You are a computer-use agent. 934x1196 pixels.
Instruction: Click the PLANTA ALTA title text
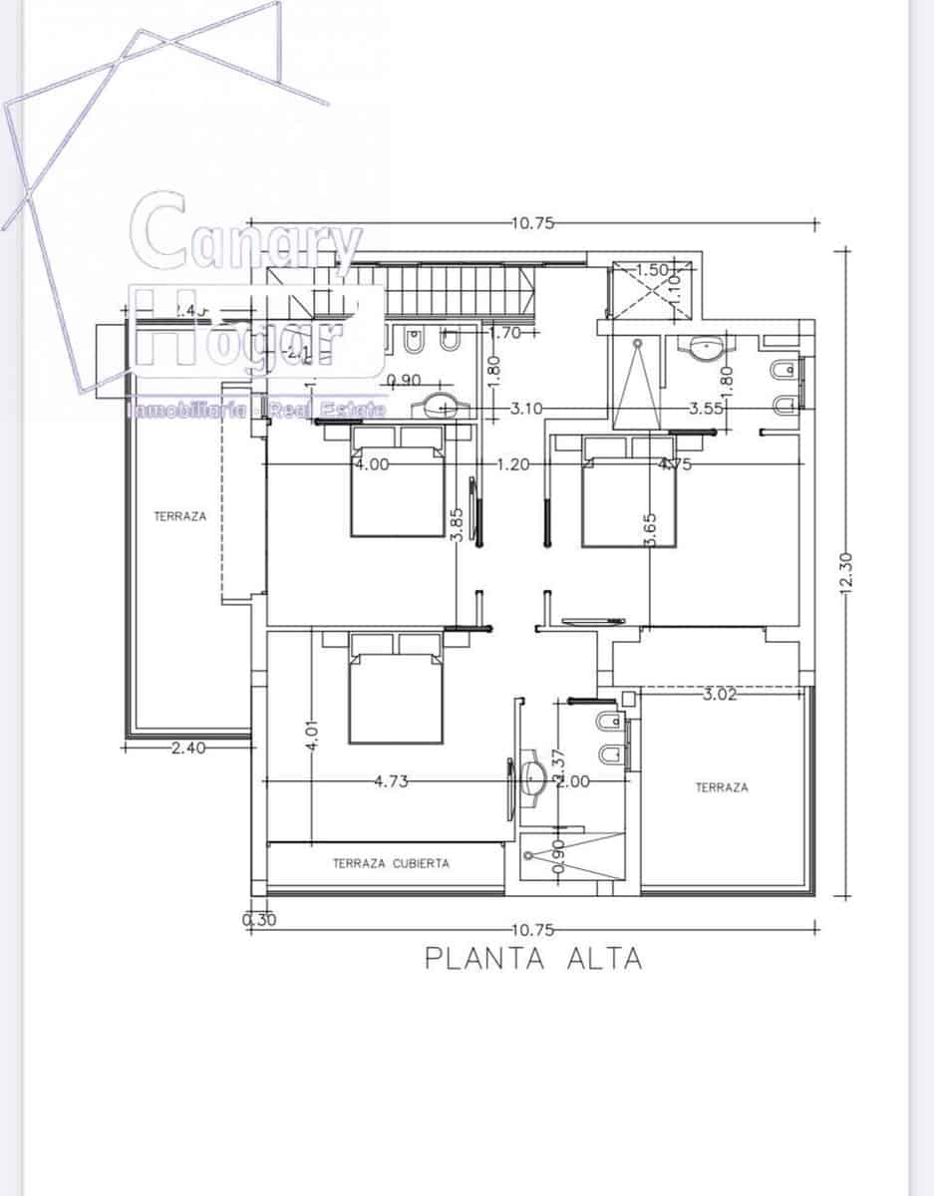533,959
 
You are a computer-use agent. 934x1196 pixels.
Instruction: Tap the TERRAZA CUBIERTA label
391,864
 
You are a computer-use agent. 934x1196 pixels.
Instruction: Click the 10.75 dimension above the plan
532,223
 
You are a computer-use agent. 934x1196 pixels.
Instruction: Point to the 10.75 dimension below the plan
532,930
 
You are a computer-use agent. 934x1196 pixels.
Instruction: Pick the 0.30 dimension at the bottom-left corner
259,920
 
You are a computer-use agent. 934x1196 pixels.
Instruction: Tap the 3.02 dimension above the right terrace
720,695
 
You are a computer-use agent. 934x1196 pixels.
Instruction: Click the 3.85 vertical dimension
457,522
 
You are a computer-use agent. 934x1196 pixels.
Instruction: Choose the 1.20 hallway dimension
513,463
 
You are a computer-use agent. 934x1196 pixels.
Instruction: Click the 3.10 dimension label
525,409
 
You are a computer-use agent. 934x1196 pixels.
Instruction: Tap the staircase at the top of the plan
459,289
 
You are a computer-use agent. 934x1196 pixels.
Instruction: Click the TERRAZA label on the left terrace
180,516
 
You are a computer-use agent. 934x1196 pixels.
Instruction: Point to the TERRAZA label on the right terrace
722,787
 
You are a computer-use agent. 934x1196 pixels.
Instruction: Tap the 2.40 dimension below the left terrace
187,747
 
